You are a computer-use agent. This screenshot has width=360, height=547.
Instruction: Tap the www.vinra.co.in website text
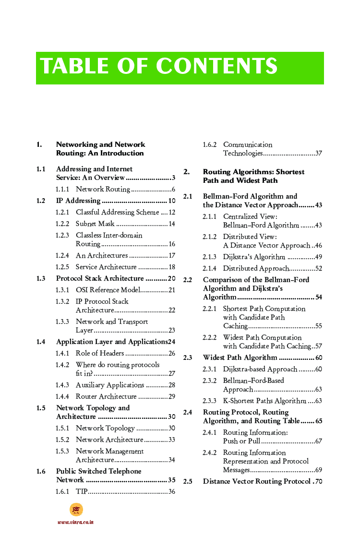pyautogui.click(x=75, y=522)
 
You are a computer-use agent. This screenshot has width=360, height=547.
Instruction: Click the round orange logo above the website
pyautogui.click(x=76, y=510)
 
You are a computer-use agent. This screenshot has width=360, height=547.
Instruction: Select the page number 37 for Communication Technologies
pyautogui.click(x=318, y=154)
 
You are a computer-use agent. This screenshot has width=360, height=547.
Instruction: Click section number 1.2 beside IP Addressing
pyautogui.click(x=41, y=201)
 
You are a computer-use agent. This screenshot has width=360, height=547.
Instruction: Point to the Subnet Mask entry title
pyautogui.click(x=95, y=224)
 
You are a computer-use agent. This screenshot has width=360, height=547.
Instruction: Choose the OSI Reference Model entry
pyautogui.click(x=108, y=290)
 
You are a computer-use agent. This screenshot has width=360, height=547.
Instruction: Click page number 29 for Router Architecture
pyautogui.click(x=171, y=396)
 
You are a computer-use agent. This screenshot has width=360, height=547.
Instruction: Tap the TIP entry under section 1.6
pyautogui.click(x=82, y=491)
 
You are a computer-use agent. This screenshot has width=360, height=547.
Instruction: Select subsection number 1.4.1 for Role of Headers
pyautogui.click(x=62, y=353)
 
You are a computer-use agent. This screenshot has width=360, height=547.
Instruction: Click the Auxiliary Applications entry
pyautogui.click(x=110, y=385)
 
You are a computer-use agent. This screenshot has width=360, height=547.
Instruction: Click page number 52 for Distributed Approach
pyautogui.click(x=318, y=268)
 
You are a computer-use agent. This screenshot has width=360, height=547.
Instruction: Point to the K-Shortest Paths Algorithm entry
pyautogui.click(x=264, y=401)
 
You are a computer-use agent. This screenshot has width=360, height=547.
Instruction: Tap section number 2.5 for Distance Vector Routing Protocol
pyautogui.click(x=188, y=481)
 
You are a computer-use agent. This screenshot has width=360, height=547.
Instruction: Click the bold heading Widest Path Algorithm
pyautogui.click(x=240, y=357)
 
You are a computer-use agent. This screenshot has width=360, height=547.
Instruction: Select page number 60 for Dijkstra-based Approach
pyautogui.click(x=318, y=369)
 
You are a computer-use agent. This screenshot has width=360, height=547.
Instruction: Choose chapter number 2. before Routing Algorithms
pyautogui.click(x=186, y=172)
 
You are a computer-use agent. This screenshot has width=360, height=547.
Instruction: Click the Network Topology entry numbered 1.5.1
pyautogui.click(x=105, y=428)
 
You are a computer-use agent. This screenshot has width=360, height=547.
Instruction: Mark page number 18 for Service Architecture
pyautogui.click(x=171, y=267)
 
